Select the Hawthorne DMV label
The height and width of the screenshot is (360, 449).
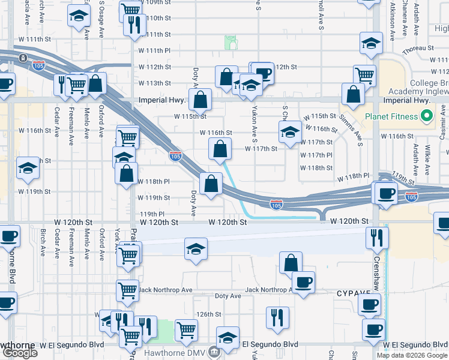coord(184,353)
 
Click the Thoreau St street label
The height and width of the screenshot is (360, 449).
coord(418,48)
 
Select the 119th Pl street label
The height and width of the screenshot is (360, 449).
coord(152,214)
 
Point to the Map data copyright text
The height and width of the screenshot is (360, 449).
coord(412,355)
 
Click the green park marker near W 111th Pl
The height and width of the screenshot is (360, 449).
coord(231,42)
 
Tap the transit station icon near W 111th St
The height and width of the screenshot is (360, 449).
coord(22,58)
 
